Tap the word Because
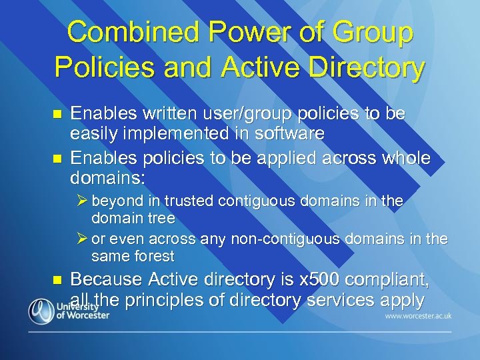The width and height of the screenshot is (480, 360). pyautogui.click(x=104, y=279)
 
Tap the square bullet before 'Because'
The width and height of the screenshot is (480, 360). pyautogui.click(x=56, y=280)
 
